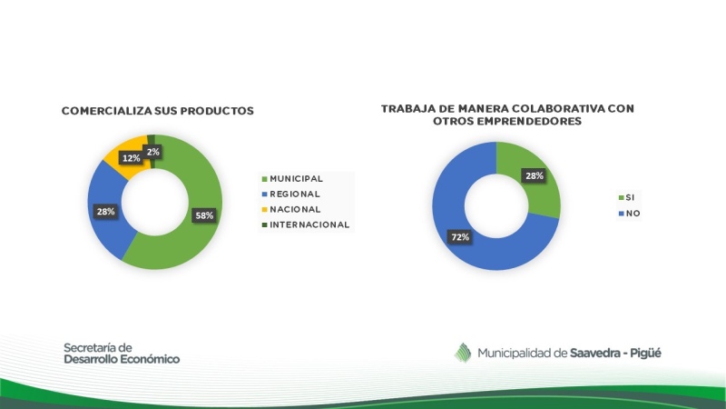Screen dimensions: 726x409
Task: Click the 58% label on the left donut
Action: [x=204, y=215]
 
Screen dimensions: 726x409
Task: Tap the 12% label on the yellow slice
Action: [x=131, y=158]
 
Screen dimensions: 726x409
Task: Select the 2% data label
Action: [x=152, y=152]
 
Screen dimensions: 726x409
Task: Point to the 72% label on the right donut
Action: [x=460, y=237]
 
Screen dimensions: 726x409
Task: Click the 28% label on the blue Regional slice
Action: [x=105, y=212]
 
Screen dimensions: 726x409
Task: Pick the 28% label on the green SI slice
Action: [x=534, y=175]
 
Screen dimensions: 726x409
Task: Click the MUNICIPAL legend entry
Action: [x=292, y=178]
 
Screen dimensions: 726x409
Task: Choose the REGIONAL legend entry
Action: [x=290, y=194]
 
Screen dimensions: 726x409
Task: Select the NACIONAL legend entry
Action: [x=291, y=209]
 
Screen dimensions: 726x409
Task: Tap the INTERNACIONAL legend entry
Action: [x=306, y=224]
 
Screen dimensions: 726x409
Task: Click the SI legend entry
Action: [x=626, y=197]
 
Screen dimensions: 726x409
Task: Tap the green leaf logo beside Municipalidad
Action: [x=463, y=353]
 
